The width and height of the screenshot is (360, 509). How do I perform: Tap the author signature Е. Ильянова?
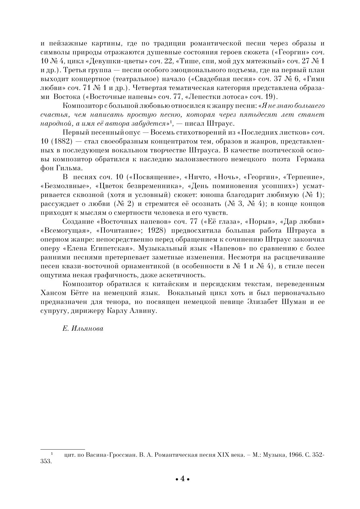(x=83, y=328)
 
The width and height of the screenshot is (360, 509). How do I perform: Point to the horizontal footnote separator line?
(x=62, y=449)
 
